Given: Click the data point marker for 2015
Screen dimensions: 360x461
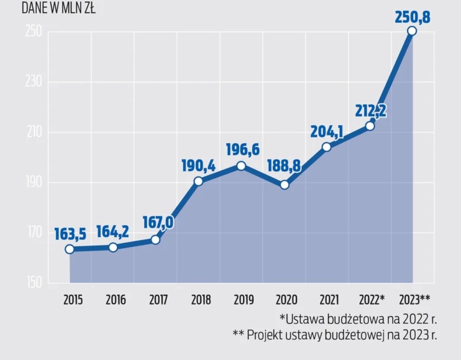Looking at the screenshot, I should point(70,249).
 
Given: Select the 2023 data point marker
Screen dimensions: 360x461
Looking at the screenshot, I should point(412,31).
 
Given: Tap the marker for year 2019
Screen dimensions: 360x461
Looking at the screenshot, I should point(241,166).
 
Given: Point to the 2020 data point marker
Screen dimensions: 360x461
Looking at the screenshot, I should point(284,185).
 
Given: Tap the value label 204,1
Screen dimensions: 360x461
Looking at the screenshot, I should point(326,131).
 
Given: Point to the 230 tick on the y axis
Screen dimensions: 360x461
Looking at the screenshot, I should point(32,83).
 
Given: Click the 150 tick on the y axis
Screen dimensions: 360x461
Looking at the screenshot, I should point(32,283).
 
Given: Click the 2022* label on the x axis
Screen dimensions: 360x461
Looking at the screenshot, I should point(371,300).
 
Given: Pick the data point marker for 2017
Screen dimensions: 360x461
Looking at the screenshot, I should point(155,240).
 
